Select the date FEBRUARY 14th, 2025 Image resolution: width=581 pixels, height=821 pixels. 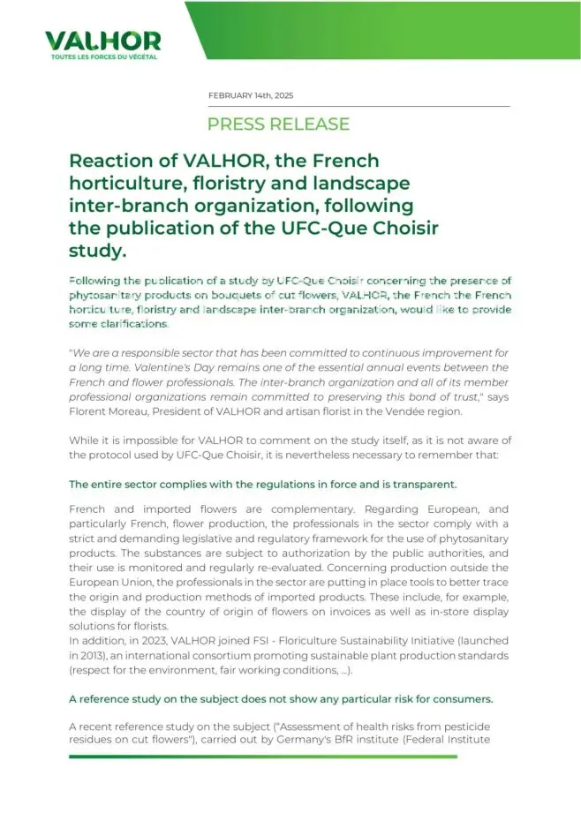(251, 95)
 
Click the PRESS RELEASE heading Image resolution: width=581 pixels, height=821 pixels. (278, 124)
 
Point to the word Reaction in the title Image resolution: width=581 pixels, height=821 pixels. (110, 162)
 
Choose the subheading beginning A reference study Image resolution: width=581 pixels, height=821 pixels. (281, 698)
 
